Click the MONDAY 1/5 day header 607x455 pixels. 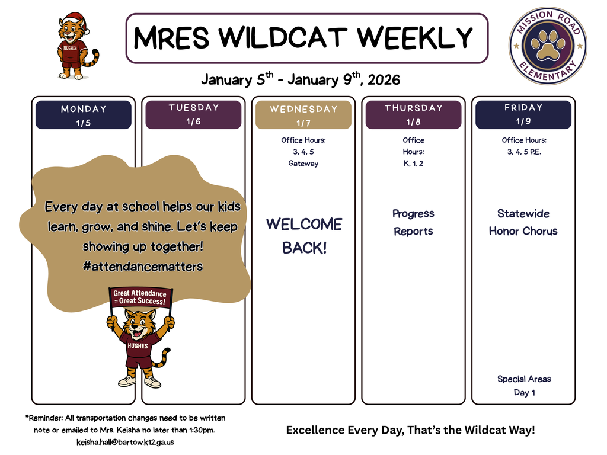pos(84,115)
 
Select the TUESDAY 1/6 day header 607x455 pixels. pos(193,114)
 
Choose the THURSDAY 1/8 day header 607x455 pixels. pos(413,115)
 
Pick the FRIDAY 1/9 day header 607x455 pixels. pos(523,115)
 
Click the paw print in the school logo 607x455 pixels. pos(548,46)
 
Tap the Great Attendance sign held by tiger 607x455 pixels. pos(140,297)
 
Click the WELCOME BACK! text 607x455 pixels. pos(304,236)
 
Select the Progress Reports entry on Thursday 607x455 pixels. pos(413,222)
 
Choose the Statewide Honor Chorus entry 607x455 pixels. pos(523,222)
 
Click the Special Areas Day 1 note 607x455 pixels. pos(524,386)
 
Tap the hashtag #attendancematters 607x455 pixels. pos(143,267)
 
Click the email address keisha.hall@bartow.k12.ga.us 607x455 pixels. pos(125,442)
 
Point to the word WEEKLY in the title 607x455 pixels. pos(415,39)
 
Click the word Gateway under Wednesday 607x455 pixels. pos(303,164)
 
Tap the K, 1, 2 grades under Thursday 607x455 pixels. pos(413,164)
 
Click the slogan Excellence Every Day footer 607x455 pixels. pos(410,430)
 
